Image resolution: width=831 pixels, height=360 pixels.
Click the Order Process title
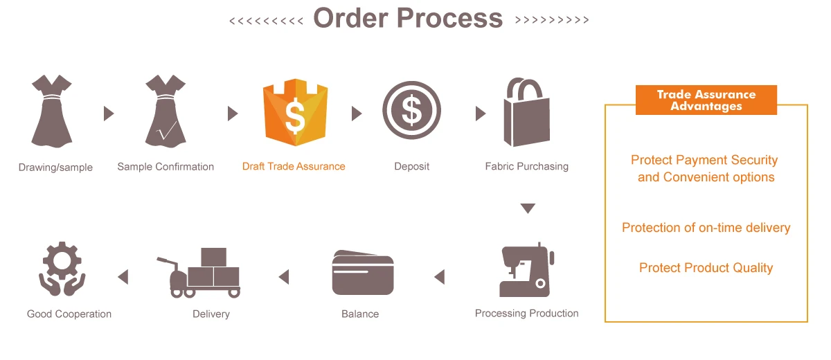click(409, 18)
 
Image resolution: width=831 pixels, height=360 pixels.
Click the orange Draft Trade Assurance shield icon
click(295, 112)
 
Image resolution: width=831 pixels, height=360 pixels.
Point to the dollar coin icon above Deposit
click(412, 111)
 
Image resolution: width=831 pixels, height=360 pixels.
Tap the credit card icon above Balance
click(363, 274)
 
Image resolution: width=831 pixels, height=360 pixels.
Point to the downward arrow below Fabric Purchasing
click(528, 208)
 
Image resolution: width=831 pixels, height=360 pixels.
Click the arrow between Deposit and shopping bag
click(481, 114)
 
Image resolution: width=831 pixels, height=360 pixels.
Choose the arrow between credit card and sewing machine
click(439, 277)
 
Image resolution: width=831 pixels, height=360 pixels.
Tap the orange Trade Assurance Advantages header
click(706, 100)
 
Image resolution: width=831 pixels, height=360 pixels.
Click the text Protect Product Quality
click(706, 268)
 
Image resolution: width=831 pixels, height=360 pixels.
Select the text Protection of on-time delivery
click(706, 228)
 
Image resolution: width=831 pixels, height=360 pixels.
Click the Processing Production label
click(526, 314)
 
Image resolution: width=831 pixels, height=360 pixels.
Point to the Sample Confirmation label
click(166, 167)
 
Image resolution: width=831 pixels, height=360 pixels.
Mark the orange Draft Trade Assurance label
click(294, 167)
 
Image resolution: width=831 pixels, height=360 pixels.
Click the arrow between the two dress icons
click(109, 114)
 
